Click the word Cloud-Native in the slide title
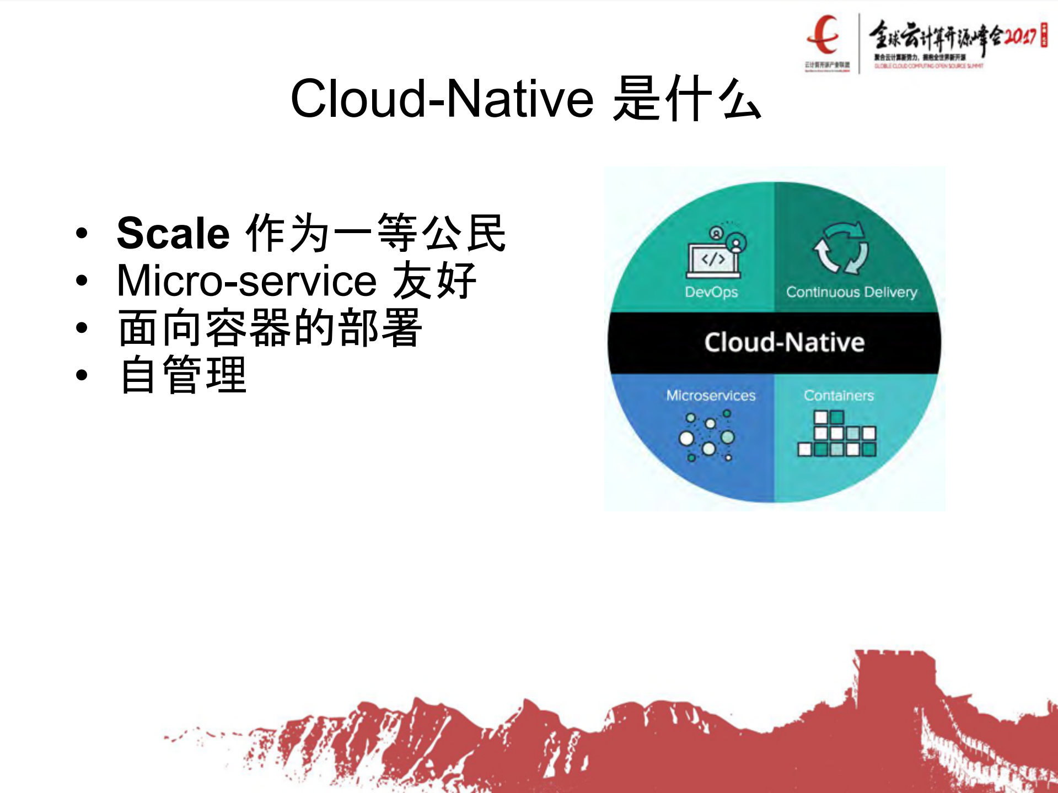pos(441,99)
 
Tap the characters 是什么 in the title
pos(686,99)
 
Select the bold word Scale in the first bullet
pos(173,234)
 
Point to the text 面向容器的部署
pos(270,328)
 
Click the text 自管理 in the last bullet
pos(183,375)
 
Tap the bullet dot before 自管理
pos(82,376)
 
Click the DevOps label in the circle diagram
pos(711,292)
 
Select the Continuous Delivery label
pos(851,292)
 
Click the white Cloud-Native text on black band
pos(784,343)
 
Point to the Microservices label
pos(711,396)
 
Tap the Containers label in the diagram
pos(839,396)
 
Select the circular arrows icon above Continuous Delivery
pos(841,248)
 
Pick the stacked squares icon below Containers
pos(837,435)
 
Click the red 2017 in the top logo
pos(1020,36)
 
